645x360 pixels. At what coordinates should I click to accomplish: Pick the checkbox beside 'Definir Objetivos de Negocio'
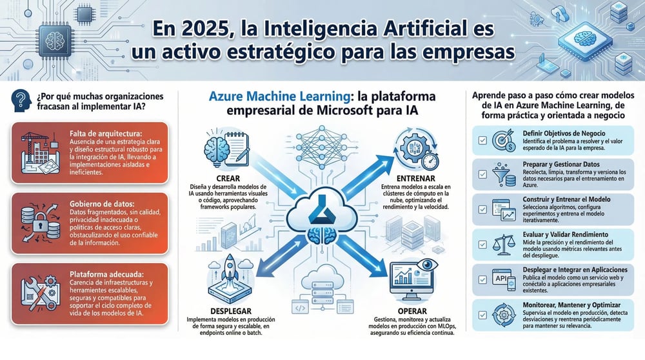[482, 139]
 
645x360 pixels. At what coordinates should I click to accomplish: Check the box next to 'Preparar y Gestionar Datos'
[482, 174]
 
